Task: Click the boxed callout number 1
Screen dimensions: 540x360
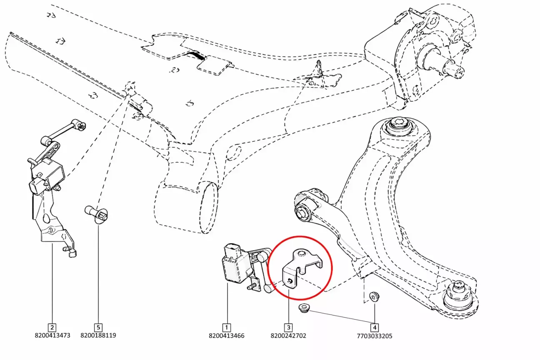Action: tap(226, 327)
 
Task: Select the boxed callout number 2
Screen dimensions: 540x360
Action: tap(52, 327)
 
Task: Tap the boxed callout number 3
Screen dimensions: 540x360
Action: tap(288, 327)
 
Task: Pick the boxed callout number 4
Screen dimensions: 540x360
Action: tap(375, 327)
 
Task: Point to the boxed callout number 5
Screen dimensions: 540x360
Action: tap(98, 327)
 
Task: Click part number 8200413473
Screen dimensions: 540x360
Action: tap(52, 335)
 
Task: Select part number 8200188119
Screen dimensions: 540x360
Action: tap(98, 335)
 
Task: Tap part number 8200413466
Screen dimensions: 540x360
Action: tap(226, 336)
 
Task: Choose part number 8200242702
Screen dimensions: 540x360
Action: tap(288, 336)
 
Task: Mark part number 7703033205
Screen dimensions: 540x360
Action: tap(375, 336)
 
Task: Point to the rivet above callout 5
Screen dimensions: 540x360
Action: tap(96, 214)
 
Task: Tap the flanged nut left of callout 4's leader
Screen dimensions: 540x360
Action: tap(304, 307)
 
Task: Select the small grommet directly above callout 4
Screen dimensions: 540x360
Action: tap(374, 296)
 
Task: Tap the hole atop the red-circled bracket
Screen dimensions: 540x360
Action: tap(301, 253)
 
